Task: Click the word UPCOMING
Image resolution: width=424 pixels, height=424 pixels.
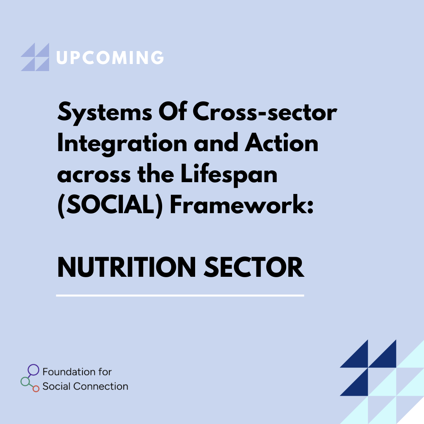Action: coord(110,57)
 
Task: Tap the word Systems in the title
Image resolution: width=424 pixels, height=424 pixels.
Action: coord(105,113)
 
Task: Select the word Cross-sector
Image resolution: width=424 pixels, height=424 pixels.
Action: coord(265,111)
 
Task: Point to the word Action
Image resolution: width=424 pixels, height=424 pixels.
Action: coord(281,143)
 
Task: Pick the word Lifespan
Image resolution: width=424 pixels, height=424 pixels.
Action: coord(229,175)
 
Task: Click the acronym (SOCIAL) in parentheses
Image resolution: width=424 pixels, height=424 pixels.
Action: coord(110,205)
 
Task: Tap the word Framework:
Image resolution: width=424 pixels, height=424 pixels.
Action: coord(242,204)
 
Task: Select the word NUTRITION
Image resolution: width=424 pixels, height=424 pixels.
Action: coord(126,267)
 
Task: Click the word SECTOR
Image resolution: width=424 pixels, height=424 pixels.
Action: coord(254,267)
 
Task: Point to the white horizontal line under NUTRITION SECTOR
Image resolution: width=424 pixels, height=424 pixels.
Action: coord(180,296)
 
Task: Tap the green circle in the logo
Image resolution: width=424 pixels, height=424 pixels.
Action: coord(25,382)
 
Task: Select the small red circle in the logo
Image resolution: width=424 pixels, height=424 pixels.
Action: coord(36,389)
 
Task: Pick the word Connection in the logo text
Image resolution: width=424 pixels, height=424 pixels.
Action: coord(101,386)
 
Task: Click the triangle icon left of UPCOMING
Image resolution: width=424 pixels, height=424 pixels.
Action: coord(35,57)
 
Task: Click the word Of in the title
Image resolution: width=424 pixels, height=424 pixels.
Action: coord(173,111)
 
